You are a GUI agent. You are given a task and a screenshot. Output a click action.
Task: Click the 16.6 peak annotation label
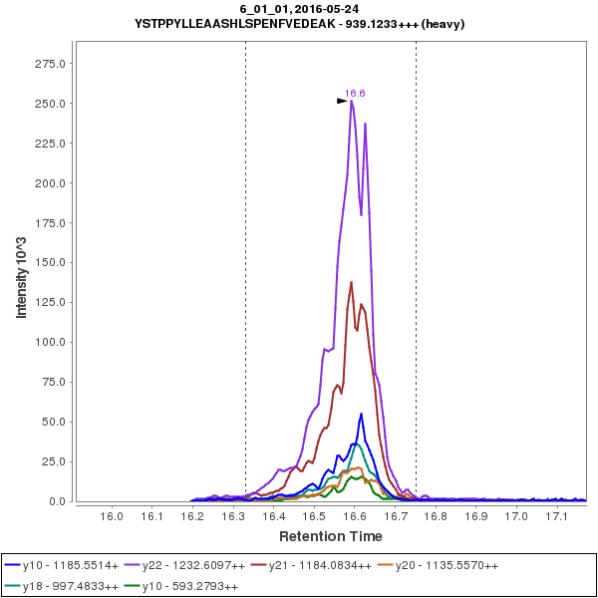click(x=355, y=94)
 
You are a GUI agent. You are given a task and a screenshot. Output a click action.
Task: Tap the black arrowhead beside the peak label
click(x=342, y=100)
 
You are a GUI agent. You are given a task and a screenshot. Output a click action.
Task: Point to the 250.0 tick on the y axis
click(x=50, y=104)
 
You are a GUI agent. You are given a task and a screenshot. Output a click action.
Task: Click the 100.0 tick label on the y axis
click(x=50, y=342)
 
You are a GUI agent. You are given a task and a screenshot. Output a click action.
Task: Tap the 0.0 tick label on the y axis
click(x=58, y=501)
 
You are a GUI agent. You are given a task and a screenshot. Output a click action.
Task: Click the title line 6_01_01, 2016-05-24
click(x=299, y=9)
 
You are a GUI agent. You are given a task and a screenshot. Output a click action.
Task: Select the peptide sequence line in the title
click(x=299, y=23)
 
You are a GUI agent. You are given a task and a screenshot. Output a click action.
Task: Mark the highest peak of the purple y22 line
click(x=352, y=101)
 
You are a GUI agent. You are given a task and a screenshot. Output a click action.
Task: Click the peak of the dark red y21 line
click(x=352, y=282)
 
